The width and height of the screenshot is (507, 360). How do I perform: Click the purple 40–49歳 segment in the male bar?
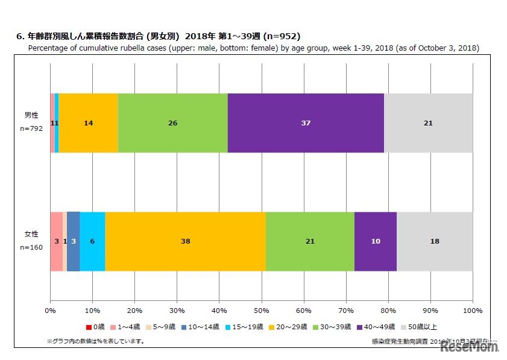pyautogui.click(x=306, y=123)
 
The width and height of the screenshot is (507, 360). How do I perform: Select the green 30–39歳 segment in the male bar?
pyautogui.click(x=172, y=123)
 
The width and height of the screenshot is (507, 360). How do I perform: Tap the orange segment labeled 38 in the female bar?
pyautogui.click(x=185, y=241)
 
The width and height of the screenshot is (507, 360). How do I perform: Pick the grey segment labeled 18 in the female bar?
pyautogui.click(x=434, y=241)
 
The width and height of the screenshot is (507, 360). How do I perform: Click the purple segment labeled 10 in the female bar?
pyautogui.click(x=375, y=241)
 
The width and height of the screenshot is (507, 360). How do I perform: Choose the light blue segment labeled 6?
pyautogui.click(x=92, y=241)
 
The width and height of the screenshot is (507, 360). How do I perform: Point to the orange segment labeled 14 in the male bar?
pyautogui.click(x=88, y=123)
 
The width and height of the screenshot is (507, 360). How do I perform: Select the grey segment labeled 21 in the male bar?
pyautogui.click(x=428, y=123)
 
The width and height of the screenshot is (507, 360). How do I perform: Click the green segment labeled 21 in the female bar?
pyautogui.click(x=310, y=241)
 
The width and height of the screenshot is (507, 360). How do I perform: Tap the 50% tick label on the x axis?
pyautogui.click(x=261, y=311)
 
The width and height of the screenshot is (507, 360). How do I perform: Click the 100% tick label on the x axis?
pyautogui.click(x=472, y=311)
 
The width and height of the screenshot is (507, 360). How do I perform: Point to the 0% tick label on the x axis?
pyautogui.click(x=50, y=311)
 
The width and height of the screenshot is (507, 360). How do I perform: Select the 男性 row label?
pyautogui.click(x=31, y=115)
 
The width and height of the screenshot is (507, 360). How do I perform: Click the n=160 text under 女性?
pyautogui.click(x=31, y=247)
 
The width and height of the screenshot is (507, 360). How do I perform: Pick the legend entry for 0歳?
pyautogui.click(x=96, y=327)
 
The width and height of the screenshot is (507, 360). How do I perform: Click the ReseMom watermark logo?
pyautogui.click(x=468, y=346)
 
